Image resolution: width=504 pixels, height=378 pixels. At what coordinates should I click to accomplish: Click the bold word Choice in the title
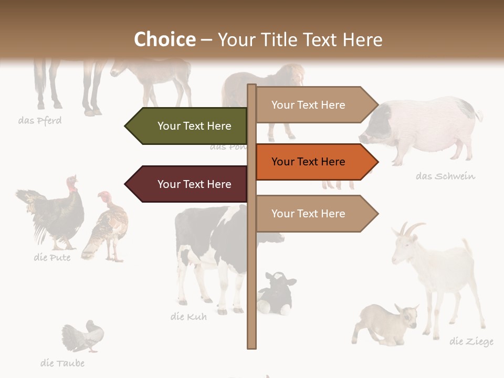pos(164,39)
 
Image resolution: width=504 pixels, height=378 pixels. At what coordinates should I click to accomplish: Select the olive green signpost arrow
pos(189,126)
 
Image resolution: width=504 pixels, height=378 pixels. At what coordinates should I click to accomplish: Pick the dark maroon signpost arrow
pos(189,184)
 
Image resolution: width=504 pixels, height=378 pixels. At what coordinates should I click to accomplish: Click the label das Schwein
pos(445,176)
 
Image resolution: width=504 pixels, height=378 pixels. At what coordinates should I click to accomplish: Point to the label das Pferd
pos(40,121)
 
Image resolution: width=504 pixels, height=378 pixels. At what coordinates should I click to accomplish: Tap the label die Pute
pos(52,258)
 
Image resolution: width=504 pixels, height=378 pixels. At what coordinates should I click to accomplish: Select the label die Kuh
pos(188,317)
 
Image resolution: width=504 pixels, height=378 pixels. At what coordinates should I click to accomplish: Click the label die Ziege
pos(471,342)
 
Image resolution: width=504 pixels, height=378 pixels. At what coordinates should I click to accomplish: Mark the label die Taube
pos(62,363)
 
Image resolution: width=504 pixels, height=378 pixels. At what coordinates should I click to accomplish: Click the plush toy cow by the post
pos(277,294)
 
